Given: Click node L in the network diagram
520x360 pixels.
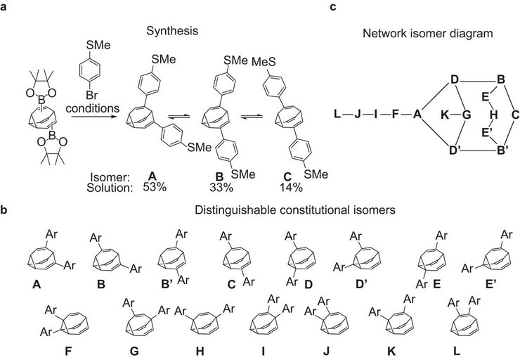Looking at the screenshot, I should pos(338,113).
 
